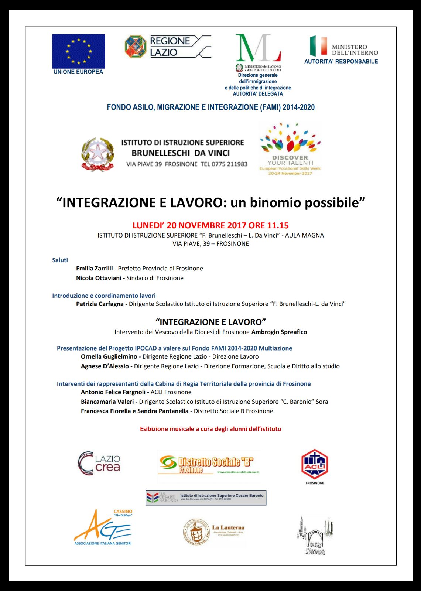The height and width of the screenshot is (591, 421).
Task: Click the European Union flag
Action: pos(78,51)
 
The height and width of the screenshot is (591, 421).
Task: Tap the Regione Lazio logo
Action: pos(168,47)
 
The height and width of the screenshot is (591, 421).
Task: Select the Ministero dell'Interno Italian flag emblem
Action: pos(318,46)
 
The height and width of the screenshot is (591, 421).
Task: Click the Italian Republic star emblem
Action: pos(97,154)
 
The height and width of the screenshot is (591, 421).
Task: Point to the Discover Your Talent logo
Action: pos(290,149)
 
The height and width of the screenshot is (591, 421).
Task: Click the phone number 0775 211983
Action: pos(229,164)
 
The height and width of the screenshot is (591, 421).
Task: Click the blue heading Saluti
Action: pos(60,260)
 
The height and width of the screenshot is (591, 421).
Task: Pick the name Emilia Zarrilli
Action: pos(95,269)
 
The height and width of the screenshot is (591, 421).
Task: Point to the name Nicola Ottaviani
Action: pos(99,278)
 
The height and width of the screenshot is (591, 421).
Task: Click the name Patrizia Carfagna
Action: pos(100,304)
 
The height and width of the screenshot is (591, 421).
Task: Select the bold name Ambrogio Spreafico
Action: pos(279,332)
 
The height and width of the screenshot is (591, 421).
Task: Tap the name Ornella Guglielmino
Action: pos(109,357)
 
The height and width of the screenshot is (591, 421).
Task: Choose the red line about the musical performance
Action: pos(210,429)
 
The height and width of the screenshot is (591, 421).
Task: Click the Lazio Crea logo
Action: pos(99,463)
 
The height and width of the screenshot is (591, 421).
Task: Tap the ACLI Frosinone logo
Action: pos(315,465)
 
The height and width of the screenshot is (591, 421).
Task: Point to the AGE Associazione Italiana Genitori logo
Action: pos(103,527)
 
